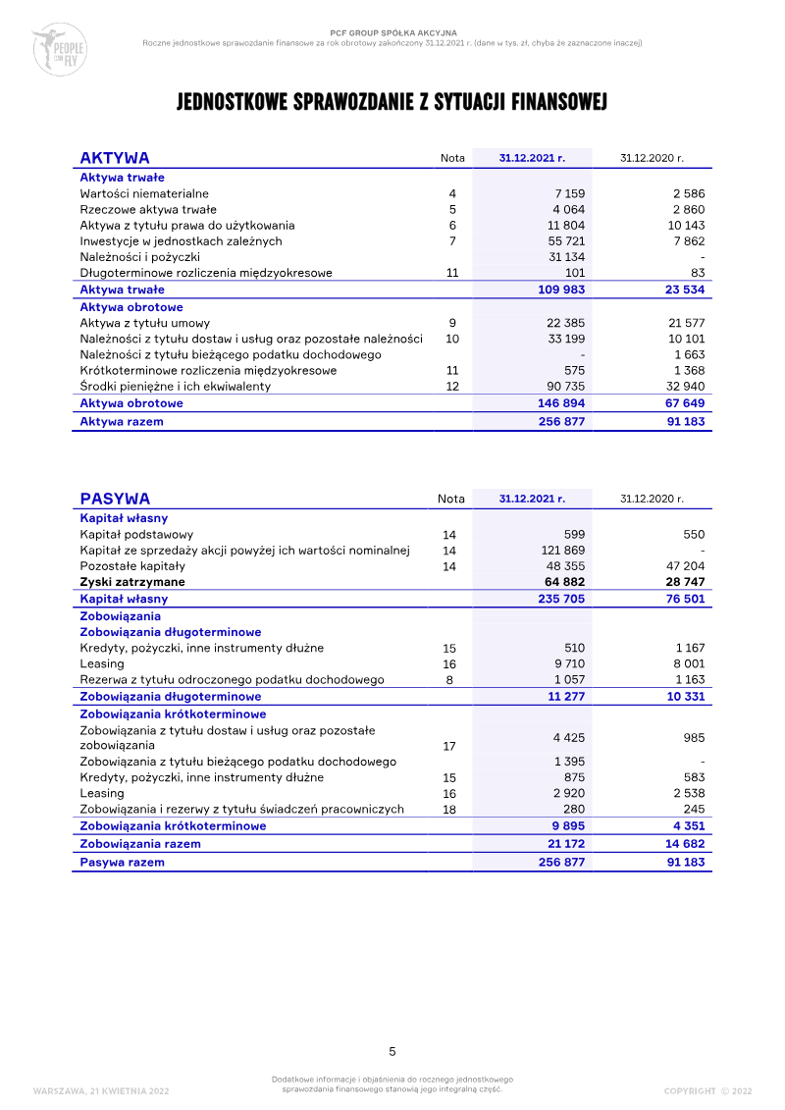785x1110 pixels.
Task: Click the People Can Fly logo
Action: point(59,50)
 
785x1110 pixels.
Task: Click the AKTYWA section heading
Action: point(115,158)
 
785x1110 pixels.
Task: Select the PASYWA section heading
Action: point(115,499)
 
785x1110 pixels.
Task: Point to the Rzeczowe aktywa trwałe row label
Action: point(148,210)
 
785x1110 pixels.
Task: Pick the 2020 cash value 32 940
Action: point(683,387)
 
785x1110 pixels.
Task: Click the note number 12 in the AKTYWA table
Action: point(452,387)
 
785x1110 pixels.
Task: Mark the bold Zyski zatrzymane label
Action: point(131,582)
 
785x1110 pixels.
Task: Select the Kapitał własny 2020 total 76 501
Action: point(683,599)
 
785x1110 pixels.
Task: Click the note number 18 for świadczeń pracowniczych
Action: point(449,810)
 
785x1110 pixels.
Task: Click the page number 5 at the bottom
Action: point(392,1051)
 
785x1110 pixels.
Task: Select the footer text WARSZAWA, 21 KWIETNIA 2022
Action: point(101,1090)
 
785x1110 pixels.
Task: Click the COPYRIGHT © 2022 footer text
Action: point(707,1090)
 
